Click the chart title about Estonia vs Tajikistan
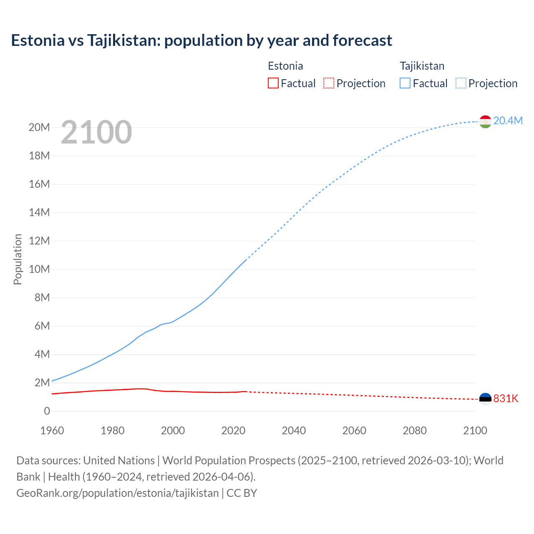tap(202, 40)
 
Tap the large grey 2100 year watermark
tap(96, 132)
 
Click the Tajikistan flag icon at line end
tap(485, 121)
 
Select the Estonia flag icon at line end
tap(485, 399)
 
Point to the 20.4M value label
tap(508, 121)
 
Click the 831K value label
tap(506, 398)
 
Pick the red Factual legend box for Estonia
tap(273, 83)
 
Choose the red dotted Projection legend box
tap(329, 83)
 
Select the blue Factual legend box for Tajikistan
tap(405, 83)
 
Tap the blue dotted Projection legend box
tap(461, 83)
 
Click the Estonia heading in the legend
tap(285, 66)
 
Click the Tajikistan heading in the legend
tap(422, 66)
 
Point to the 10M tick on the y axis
tap(39, 269)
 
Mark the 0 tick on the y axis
tap(47, 411)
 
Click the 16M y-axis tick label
tap(39, 184)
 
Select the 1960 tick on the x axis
tap(52, 431)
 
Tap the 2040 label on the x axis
tap(294, 431)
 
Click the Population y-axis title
tap(18, 259)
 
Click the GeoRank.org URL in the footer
tap(117, 493)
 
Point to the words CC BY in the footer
tap(242, 493)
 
